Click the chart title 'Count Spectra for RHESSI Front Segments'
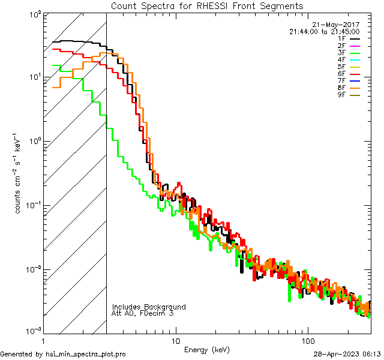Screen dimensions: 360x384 (x=207, y=5)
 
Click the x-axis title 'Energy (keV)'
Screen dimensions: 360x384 (x=207, y=350)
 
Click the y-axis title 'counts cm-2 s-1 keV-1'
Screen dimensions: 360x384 (x=19, y=174)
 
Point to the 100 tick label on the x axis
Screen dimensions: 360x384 (x=307, y=341)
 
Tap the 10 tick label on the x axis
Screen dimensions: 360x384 (x=175, y=341)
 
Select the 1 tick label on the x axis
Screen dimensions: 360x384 (x=44, y=341)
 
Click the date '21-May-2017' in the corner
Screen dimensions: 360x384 (x=339, y=25)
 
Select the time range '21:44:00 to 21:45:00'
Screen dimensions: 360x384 (x=324, y=31)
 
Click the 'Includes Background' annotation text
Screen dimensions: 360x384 (x=149, y=307)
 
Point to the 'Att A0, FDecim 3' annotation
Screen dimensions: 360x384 (x=143, y=313)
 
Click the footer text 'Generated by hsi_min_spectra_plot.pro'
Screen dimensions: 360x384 (x=63, y=354)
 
